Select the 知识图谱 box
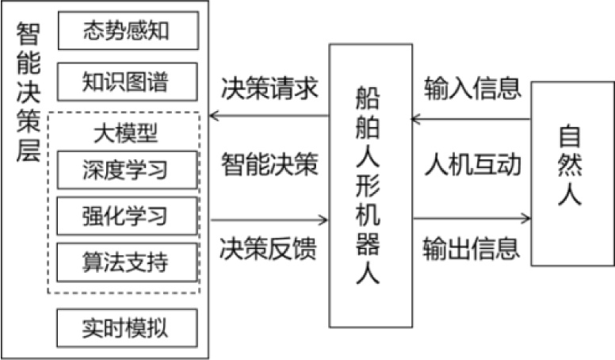(x=127, y=82)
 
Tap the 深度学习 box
(x=127, y=170)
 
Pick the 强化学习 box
(x=127, y=215)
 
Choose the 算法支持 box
(x=127, y=262)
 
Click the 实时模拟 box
(x=127, y=326)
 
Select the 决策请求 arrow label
(x=269, y=89)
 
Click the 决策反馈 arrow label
(x=269, y=248)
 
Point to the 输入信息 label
(x=472, y=87)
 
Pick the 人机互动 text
(x=472, y=165)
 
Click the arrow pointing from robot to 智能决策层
(x=269, y=116)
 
